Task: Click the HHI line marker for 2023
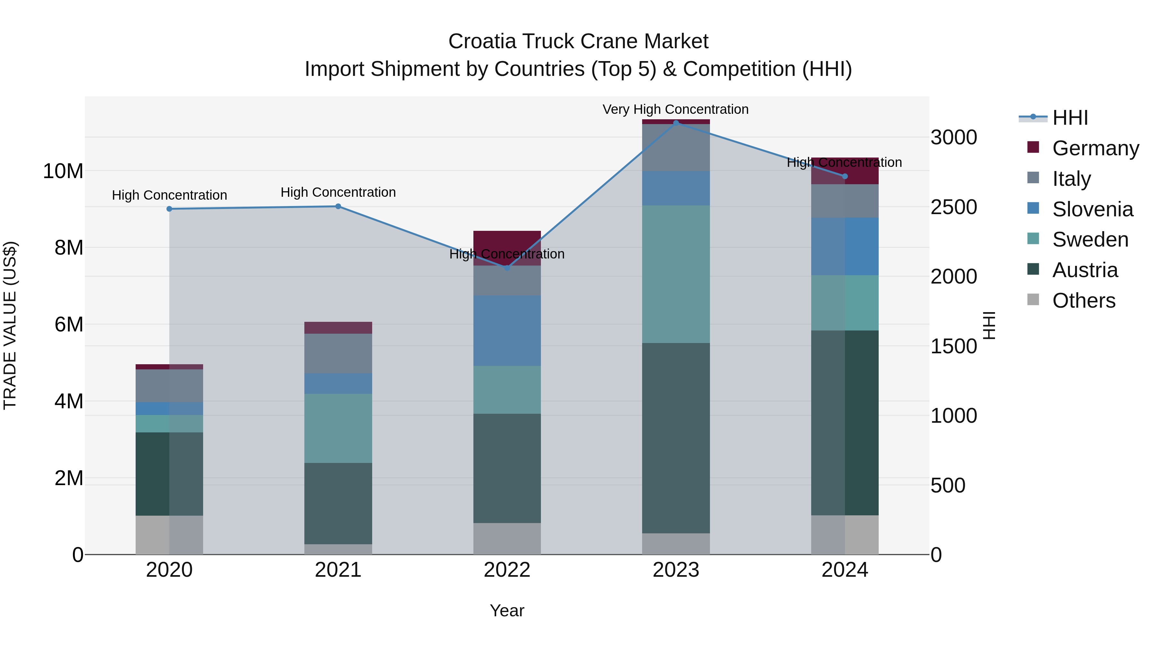[x=676, y=123]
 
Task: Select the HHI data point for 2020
[x=169, y=209]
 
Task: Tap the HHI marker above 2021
[x=338, y=206]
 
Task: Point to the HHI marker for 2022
[x=507, y=268]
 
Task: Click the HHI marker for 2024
[x=845, y=176]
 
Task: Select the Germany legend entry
[x=1095, y=148]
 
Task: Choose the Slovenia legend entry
[x=1092, y=209]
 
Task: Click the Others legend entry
[x=1083, y=301]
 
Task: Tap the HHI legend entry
[x=1070, y=118]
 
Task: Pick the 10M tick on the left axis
[x=63, y=171]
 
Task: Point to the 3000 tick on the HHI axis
[x=954, y=138]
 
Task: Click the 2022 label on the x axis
[x=507, y=570]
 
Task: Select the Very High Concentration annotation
[x=676, y=109]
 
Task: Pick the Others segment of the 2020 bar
[x=169, y=535]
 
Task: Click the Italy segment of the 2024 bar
[x=845, y=201]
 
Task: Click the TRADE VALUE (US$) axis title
[x=10, y=325]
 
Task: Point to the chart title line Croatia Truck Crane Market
[x=578, y=41]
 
